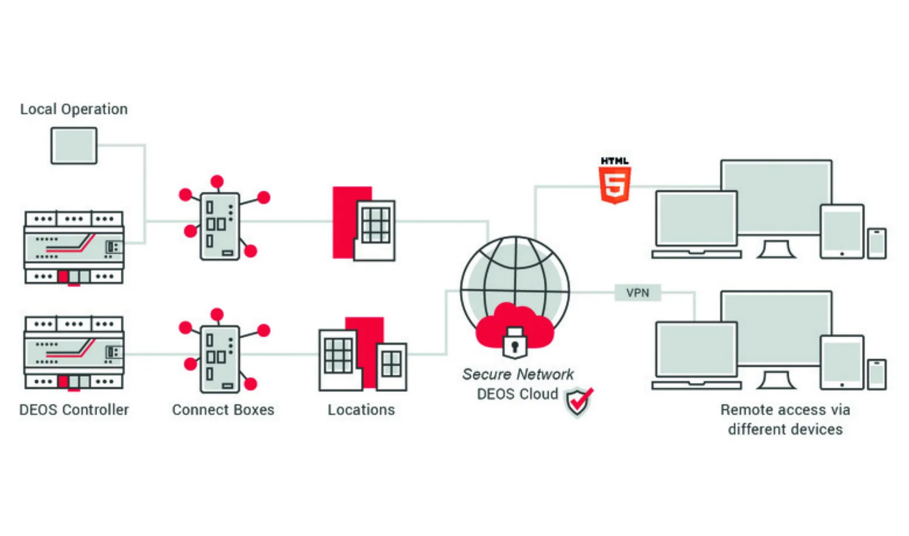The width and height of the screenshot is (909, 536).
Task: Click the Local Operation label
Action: point(74,109)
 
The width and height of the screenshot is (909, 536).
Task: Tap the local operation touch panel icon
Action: point(74,146)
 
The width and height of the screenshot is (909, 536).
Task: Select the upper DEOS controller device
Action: point(74,247)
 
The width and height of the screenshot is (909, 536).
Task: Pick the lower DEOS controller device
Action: point(74,352)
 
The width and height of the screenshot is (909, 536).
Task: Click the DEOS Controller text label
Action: point(74,410)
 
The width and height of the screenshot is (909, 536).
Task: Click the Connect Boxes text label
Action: point(223,410)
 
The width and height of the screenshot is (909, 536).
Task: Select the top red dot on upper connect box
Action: point(217,182)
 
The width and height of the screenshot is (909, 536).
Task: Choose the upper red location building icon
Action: point(364,224)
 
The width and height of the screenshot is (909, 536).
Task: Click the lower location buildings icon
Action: point(363,354)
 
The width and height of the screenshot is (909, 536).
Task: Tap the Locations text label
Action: point(361,410)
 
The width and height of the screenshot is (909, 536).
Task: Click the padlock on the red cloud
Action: point(514,343)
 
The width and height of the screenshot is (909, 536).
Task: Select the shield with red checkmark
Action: point(578,402)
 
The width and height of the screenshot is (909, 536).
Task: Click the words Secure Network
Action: point(518,374)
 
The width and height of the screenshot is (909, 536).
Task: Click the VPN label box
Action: point(638,293)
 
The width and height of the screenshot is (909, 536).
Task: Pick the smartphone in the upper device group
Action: point(877,243)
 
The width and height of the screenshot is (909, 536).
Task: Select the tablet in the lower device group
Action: point(842,362)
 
